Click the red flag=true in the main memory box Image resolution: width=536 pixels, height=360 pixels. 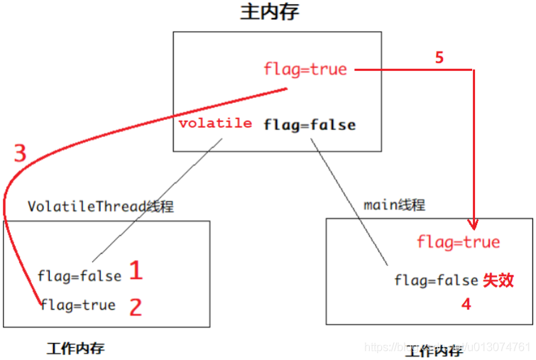[305, 69]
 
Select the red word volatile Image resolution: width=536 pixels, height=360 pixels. [215, 124]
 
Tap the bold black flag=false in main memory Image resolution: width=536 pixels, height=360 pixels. [310, 125]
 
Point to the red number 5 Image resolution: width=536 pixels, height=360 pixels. [439, 58]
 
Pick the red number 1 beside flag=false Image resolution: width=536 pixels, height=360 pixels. [135, 271]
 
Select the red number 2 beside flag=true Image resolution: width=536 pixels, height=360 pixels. [135, 307]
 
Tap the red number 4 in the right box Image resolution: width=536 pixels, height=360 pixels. [466, 304]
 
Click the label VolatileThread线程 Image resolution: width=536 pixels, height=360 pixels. [101, 207]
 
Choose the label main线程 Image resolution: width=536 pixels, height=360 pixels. [394, 205]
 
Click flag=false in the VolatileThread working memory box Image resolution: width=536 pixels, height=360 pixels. [78, 276]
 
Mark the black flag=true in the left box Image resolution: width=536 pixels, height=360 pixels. [78, 305]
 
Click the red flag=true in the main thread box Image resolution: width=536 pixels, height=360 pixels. [459, 243]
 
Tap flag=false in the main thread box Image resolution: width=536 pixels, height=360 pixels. [436, 280]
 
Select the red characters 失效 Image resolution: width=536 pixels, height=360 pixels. [498, 280]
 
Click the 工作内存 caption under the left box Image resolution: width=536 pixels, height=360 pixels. [76, 348]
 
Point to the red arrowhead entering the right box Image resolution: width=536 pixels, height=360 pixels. [473, 222]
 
